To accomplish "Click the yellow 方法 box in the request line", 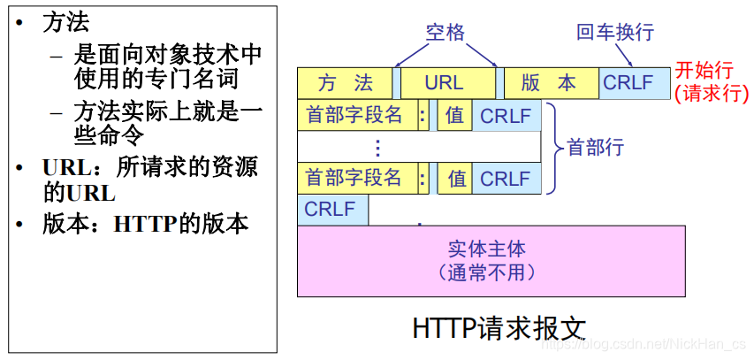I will pos(346,83).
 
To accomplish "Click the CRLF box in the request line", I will pos(629,83).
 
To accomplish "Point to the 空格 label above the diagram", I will pos(445,33).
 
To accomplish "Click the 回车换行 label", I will pos(615,33).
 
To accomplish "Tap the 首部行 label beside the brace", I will pos(597,148).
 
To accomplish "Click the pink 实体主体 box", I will pos(491,260).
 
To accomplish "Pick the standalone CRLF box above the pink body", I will pos(332,211).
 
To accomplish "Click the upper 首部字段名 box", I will pos(355,115).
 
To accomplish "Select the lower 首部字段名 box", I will pos(355,179).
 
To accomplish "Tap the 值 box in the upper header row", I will pos(455,115).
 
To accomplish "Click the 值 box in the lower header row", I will pos(455,179).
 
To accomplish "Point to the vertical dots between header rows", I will pos(377,147).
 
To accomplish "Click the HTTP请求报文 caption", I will pos(499,328).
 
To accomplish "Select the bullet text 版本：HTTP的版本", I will pos(146,224).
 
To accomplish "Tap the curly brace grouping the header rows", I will pos(552,148).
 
